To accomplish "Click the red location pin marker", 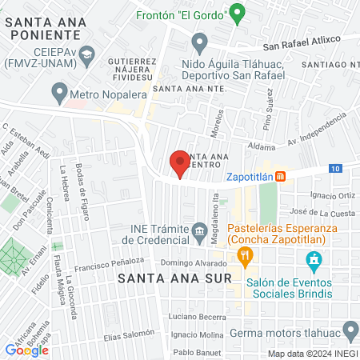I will (180, 163).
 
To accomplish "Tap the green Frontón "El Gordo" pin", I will (236, 13).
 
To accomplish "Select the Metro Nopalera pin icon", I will (59, 94).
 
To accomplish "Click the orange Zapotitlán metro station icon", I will (281, 177).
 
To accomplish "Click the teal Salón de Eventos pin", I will (314, 260).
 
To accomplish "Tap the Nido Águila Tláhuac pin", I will (201, 42).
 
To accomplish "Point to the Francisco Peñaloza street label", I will (109, 263).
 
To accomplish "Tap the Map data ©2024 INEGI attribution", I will (312, 354).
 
